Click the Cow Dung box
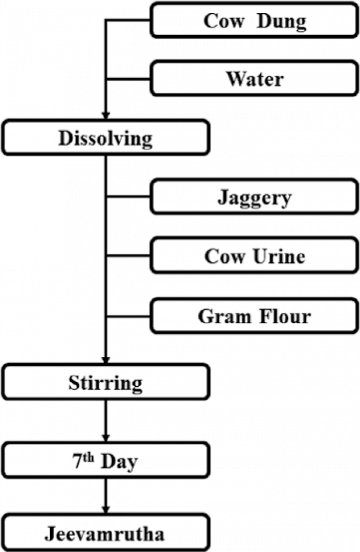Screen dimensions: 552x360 tap(254, 20)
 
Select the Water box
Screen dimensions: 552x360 tap(254, 79)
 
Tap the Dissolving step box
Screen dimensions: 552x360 tap(105, 138)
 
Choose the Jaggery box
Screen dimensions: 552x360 tap(254, 197)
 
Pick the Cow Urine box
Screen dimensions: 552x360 tap(254, 256)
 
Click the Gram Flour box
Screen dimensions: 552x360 tap(254, 316)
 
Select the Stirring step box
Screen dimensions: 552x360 tap(105, 382)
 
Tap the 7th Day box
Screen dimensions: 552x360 tap(105, 460)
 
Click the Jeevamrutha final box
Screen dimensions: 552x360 tap(105, 533)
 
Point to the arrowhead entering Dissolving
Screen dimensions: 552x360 tap(106, 115)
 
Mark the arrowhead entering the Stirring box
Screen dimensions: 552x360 tap(106, 360)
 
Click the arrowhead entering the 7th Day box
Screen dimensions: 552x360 tap(106, 438)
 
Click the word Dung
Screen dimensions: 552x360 tap(281, 21)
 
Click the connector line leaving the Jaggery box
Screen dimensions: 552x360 tap(128, 196)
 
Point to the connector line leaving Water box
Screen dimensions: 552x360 tap(128, 79)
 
